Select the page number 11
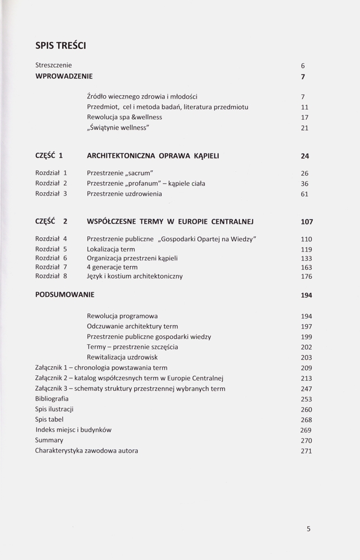pyautogui.click(x=305, y=107)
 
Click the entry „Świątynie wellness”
pyautogui.click(x=118, y=128)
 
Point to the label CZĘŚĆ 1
pyautogui.click(x=49, y=156)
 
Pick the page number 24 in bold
pyautogui.click(x=305, y=156)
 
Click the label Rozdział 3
pyautogui.click(x=51, y=194)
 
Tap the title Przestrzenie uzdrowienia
pyautogui.click(x=124, y=194)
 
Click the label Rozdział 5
pyautogui.click(x=51, y=249)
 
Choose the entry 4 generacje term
pyautogui.click(x=112, y=267)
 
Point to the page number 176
pyautogui.click(x=306, y=277)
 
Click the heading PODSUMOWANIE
pyautogui.click(x=64, y=295)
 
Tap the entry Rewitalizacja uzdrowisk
pyautogui.click(x=122, y=357)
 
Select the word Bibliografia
pyautogui.click(x=52, y=398)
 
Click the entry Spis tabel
pyautogui.click(x=49, y=419)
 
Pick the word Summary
pyautogui.click(x=49, y=440)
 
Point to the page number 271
pyautogui.click(x=306, y=451)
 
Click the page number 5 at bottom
pyautogui.click(x=308, y=528)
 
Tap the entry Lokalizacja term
pyautogui.click(x=111, y=249)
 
